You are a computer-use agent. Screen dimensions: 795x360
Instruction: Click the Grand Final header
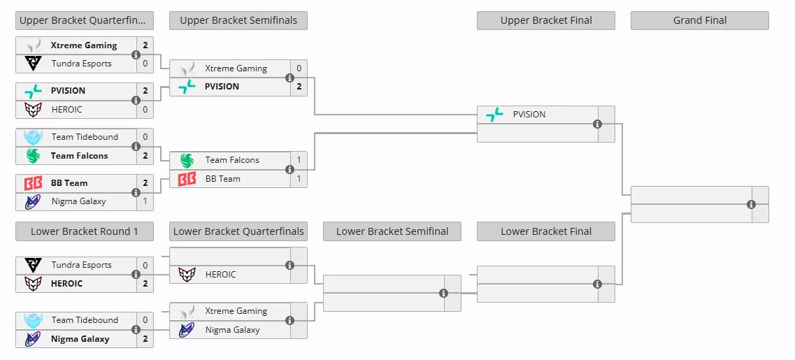pyautogui.click(x=700, y=20)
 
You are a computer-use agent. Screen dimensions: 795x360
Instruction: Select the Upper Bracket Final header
pyautogui.click(x=546, y=20)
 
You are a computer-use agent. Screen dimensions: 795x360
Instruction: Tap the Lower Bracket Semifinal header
pyautogui.click(x=392, y=231)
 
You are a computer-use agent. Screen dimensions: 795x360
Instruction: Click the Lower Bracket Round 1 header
pyautogui.click(x=84, y=231)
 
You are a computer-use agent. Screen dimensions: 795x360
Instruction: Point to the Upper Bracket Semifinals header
pyautogui.click(x=238, y=20)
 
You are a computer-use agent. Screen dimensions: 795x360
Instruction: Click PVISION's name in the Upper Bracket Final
pyautogui.click(x=529, y=114)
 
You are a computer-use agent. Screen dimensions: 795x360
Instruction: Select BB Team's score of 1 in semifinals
pyautogui.click(x=299, y=178)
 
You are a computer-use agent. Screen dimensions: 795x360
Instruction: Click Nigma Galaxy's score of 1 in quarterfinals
pyautogui.click(x=145, y=201)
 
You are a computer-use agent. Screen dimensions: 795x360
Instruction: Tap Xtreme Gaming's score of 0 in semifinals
pyautogui.click(x=299, y=69)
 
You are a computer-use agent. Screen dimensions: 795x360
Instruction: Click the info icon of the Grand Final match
pyautogui.click(x=752, y=204)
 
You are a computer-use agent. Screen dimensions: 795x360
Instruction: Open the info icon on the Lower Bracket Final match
pyautogui.click(x=597, y=284)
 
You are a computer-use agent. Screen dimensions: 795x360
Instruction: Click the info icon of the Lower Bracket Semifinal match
pyautogui.click(x=443, y=293)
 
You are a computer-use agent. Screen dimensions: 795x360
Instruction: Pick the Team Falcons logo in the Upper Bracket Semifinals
pyautogui.click(x=187, y=160)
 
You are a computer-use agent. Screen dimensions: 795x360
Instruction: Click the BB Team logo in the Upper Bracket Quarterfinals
pyautogui.click(x=33, y=183)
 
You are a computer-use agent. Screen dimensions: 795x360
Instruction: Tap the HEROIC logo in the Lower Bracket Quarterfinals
pyautogui.click(x=187, y=275)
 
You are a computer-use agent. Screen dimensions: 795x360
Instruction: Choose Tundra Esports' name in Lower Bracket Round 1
pyautogui.click(x=82, y=265)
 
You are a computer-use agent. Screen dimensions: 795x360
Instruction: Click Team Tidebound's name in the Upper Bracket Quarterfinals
pyautogui.click(x=85, y=137)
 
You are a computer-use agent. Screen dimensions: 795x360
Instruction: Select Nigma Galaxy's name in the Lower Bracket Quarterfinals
pyautogui.click(x=232, y=329)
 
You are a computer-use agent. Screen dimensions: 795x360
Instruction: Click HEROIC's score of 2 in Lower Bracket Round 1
pyautogui.click(x=145, y=283)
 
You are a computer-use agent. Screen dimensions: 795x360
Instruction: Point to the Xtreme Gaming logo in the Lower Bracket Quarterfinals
pyautogui.click(x=187, y=311)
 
